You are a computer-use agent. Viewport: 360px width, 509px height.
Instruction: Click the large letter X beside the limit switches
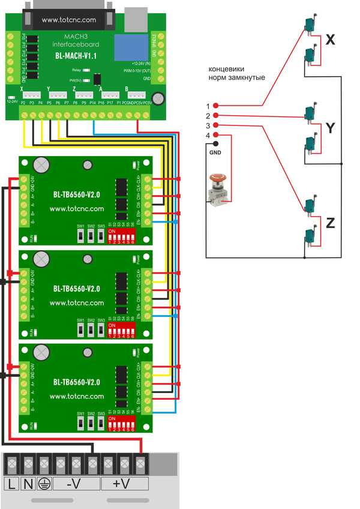coord(330,40)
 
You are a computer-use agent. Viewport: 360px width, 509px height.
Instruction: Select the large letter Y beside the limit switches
coord(330,127)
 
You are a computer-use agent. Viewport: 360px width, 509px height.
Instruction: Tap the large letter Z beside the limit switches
coord(330,223)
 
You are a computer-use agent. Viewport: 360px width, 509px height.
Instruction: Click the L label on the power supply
coord(13,484)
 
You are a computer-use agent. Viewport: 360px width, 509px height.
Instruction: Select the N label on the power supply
coord(28,484)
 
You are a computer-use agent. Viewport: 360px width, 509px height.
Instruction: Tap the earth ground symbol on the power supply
coord(44,484)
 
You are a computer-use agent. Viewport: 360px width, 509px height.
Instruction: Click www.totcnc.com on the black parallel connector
coord(69,20)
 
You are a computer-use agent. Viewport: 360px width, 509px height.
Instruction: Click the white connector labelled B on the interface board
coord(137,95)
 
